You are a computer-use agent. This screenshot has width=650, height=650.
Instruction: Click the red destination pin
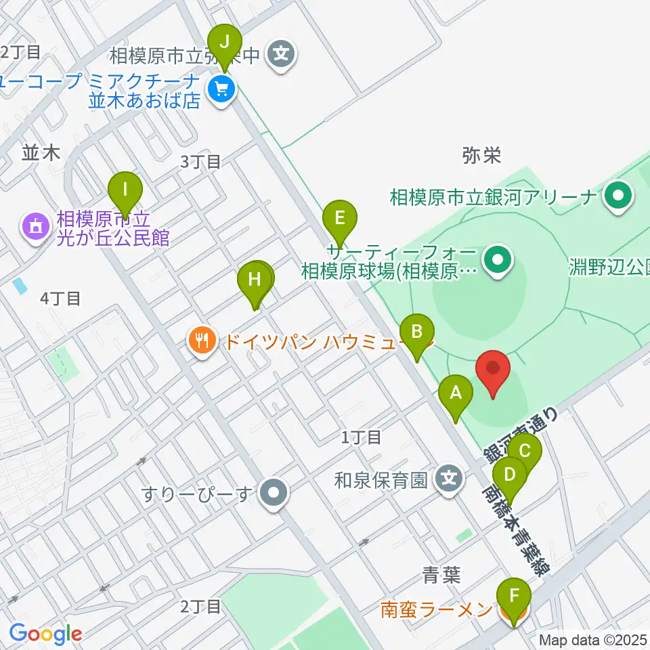pyautogui.click(x=493, y=372)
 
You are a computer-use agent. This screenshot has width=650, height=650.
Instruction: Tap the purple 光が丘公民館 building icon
pyautogui.click(x=35, y=225)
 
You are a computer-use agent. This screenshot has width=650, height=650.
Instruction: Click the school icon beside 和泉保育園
pyautogui.click(x=449, y=479)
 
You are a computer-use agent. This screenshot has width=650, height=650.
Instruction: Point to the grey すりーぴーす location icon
pyautogui.click(x=274, y=492)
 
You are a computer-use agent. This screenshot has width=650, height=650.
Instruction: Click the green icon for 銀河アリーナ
pyautogui.click(x=617, y=197)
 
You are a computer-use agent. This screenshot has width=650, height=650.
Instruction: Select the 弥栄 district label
pyautogui.click(x=481, y=156)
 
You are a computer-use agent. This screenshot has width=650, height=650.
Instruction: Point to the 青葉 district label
pyautogui.click(x=441, y=576)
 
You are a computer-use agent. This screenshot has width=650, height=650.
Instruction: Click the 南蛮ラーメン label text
pyautogui.click(x=435, y=610)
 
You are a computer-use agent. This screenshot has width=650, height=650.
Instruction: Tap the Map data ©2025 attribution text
pyautogui.click(x=593, y=640)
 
